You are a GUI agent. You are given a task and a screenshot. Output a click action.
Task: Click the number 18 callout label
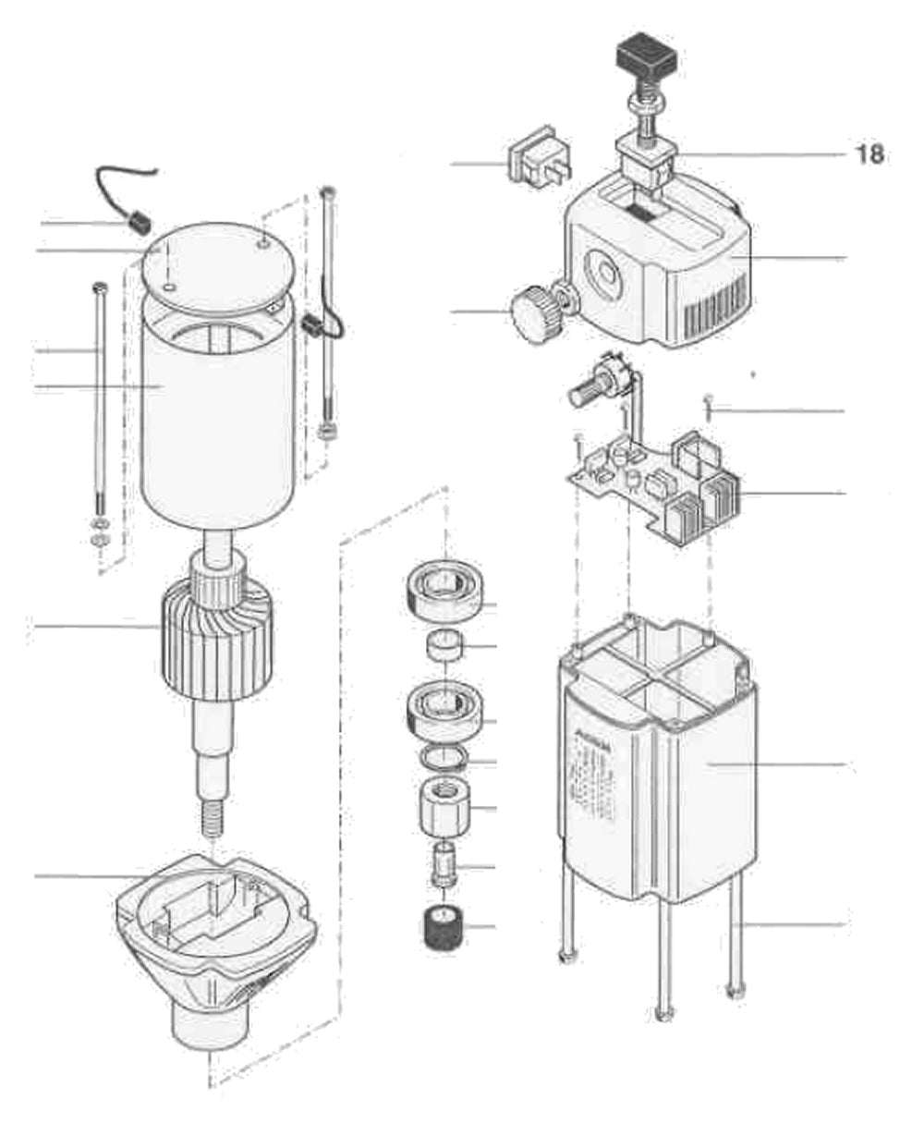click(869, 153)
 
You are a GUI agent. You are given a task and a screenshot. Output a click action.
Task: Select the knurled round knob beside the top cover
click(535, 312)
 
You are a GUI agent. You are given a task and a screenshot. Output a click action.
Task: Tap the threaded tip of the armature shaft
click(214, 818)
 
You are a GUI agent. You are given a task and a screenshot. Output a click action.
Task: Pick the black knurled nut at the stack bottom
click(443, 927)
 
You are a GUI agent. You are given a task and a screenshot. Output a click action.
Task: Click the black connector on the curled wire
click(137, 223)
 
